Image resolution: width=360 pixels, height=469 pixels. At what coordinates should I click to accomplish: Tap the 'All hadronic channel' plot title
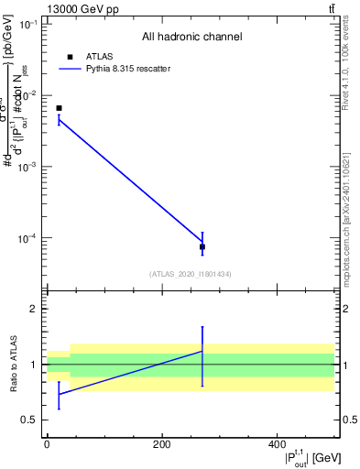pyautogui.click(x=191, y=38)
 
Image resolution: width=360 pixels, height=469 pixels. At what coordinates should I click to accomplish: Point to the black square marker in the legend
pyautogui.click(x=71, y=57)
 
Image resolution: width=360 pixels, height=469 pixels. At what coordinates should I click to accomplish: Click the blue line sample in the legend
pyautogui.click(x=71, y=69)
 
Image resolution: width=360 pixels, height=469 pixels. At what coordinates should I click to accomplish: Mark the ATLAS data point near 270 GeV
pyautogui.click(x=202, y=247)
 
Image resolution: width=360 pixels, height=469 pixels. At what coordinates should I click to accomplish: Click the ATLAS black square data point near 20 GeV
pyautogui.click(x=59, y=108)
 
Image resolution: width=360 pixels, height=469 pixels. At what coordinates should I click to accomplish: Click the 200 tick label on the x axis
pyautogui.click(x=161, y=444)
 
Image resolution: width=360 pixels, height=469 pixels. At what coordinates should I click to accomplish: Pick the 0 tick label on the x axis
pyautogui.click(x=47, y=444)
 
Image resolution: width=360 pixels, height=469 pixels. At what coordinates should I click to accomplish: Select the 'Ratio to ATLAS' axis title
pyautogui.click(x=12, y=364)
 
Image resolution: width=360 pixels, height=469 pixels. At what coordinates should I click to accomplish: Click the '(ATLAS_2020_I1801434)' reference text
pyautogui.click(x=191, y=274)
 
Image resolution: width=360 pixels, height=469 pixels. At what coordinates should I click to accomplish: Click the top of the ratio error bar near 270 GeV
pyautogui.click(x=202, y=327)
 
